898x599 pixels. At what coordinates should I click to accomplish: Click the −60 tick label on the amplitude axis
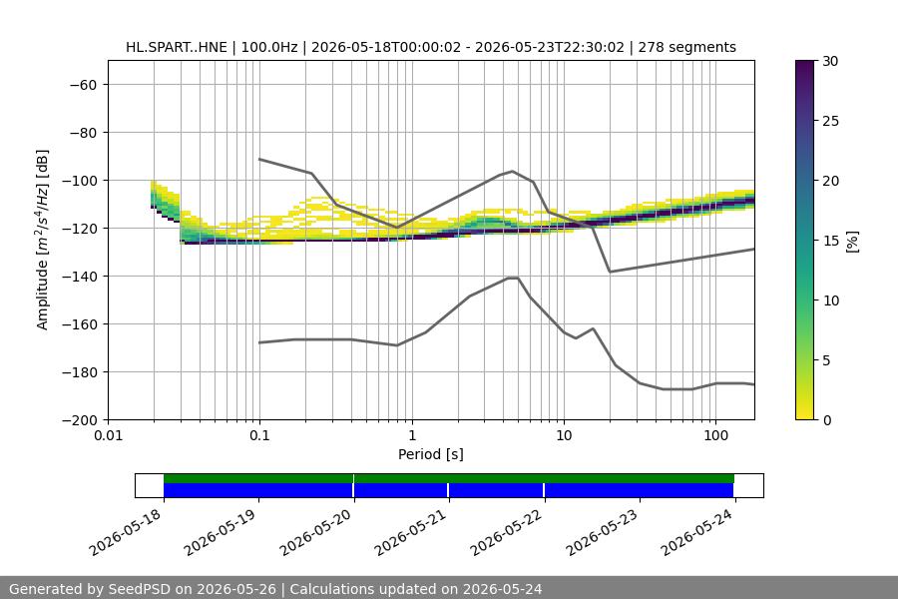[84, 85]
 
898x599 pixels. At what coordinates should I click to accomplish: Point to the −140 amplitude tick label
[80, 277]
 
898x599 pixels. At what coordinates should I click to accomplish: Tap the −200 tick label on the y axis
[80, 420]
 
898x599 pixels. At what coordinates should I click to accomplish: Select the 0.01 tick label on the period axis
[108, 435]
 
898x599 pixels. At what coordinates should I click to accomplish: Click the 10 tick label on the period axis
[564, 435]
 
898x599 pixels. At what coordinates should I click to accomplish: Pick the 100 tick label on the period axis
[715, 435]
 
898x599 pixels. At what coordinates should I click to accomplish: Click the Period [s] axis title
[431, 454]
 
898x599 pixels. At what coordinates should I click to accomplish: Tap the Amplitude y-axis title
[42, 240]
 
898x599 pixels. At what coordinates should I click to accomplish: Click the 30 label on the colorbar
[830, 61]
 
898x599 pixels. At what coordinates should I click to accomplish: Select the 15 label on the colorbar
[830, 241]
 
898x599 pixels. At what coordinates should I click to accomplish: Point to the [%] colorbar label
[852, 241]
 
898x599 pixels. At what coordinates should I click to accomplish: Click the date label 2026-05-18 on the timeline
[127, 532]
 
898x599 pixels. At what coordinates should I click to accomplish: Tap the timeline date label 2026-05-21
[412, 532]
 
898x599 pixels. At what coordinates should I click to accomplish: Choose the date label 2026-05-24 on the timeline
[697, 532]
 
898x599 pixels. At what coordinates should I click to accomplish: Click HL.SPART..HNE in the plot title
[177, 47]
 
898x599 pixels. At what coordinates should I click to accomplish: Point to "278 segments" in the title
[686, 47]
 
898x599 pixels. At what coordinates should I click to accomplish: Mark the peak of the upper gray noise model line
[513, 171]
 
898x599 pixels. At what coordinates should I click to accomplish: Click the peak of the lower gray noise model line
[513, 278]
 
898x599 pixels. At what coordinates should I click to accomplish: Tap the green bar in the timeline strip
[448, 478]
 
